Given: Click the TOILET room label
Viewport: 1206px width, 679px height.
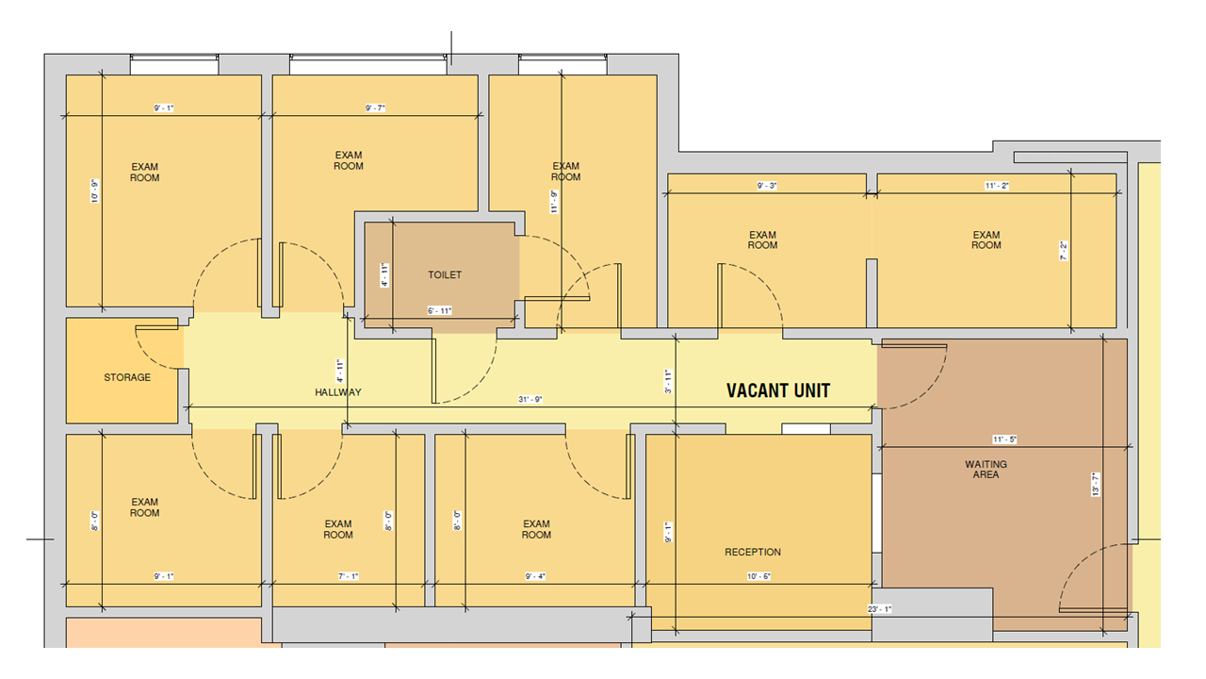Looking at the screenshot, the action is [445, 274].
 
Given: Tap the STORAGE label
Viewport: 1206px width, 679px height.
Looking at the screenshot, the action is [127, 377].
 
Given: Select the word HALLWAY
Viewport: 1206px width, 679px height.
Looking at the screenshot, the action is [338, 392].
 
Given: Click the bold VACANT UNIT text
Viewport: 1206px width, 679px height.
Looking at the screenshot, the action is [778, 390].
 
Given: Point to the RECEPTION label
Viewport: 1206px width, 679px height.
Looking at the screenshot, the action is [753, 552].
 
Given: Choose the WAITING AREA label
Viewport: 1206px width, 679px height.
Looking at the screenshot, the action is [986, 470].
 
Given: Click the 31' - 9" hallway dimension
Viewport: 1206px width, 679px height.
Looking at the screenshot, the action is [530, 399].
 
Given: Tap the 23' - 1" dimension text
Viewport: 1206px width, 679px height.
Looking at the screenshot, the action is [880, 609].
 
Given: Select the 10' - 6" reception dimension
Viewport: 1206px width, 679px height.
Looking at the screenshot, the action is [758, 576].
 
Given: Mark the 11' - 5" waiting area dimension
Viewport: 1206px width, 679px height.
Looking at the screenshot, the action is [1004, 439].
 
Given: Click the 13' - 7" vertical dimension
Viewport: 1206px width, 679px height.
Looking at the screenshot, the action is [1096, 485].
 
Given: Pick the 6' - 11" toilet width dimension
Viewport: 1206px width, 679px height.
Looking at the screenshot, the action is [439, 310].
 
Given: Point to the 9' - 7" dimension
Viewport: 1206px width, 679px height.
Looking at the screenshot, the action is [375, 108].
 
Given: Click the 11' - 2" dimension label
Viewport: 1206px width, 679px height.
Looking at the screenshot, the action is [997, 186].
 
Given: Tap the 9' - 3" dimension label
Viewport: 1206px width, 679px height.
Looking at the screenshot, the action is [767, 186].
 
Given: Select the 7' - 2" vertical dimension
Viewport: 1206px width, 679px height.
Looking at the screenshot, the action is [1064, 251].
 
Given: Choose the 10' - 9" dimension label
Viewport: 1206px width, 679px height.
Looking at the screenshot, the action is [95, 190].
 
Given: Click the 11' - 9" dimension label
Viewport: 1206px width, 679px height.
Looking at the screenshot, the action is [554, 202].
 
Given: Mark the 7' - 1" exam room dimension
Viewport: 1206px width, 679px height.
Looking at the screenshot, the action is [349, 576].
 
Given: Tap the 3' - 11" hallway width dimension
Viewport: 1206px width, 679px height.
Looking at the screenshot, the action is [668, 381].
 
